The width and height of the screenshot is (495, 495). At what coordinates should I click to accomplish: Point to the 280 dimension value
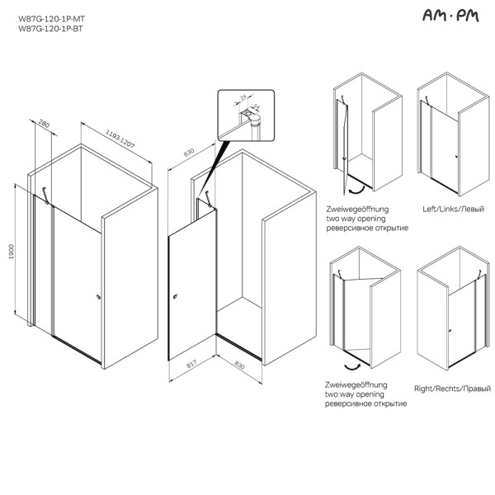coord(45,126)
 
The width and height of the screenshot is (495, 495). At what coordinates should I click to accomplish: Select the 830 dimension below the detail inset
coord(187,154)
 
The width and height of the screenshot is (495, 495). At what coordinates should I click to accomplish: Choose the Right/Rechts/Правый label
coord(451,388)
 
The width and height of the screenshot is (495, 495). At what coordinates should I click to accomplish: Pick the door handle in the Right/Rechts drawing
coord(449,331)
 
